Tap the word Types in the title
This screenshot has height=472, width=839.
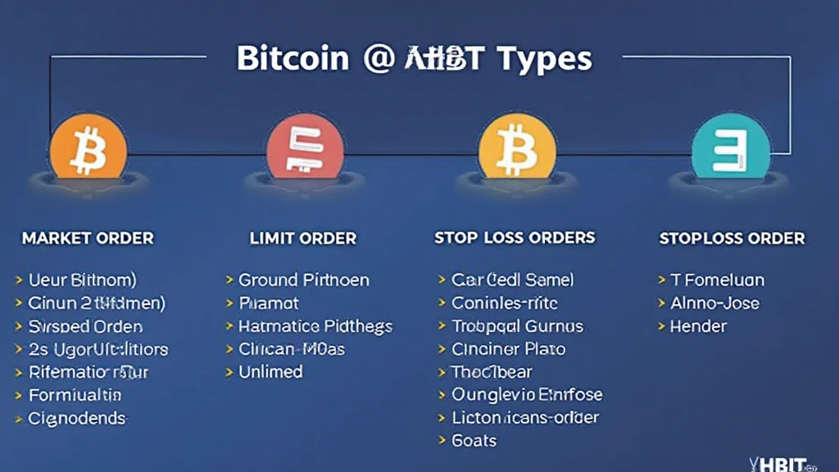coord(543,59)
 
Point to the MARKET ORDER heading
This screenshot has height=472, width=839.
coord(88,238)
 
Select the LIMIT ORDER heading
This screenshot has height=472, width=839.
coord(303,238)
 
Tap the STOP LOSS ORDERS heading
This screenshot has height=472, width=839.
coord(515,238)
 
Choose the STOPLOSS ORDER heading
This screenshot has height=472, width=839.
coord(732,238)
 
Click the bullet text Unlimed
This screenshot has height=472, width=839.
coord(270,372)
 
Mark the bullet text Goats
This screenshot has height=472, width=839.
coord(474,441)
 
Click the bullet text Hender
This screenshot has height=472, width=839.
coord(699,326)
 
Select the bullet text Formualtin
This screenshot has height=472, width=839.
coord(75,395)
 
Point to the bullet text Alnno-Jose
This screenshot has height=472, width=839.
coord(715,303)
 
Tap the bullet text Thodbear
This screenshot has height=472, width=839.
coord(492,372)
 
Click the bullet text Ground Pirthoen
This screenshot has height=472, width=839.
coord(304,280)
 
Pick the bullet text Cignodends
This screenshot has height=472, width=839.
coord(77,418)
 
